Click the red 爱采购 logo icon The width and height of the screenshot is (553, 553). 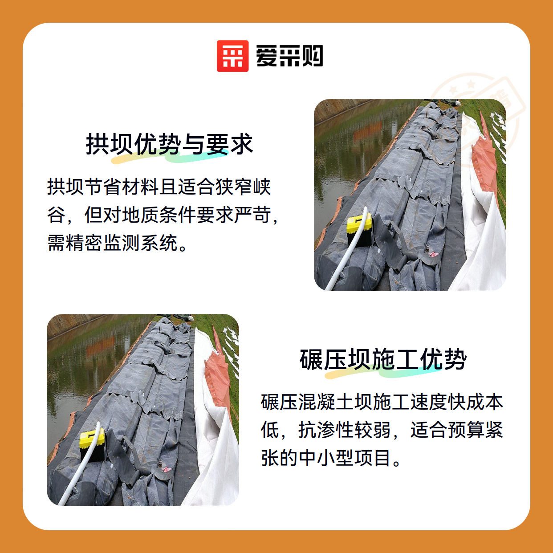pyautogui.click(x=232, y=56)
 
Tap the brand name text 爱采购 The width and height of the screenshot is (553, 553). pyautogui.click(x=289, y=56)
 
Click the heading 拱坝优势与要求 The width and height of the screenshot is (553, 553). pyautogui.click(x=170, y=144)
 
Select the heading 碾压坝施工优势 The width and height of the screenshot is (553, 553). pyautogui.click(x=383, y=359)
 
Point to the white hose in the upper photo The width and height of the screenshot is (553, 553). pyautogui.click(x=347, y=250)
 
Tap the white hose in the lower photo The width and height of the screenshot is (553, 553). pyautogui.click(x=80, y=465)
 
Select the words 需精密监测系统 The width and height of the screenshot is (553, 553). pyautogui.click(x=112, y=243)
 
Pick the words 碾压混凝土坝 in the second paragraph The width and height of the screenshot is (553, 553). pyautogui.click(x=316, y=402)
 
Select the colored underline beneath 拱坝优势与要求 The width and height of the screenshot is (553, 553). pyautogui.click(x=169, y=156)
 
